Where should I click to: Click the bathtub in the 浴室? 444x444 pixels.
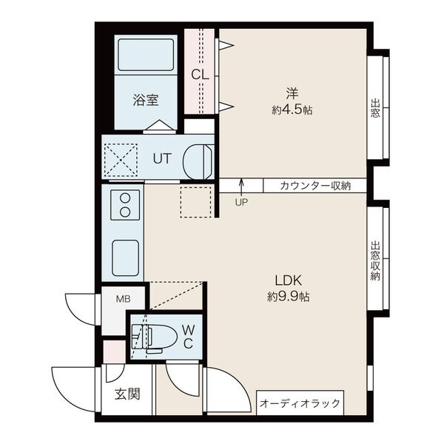tap(146, 55)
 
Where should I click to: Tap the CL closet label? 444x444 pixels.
tap(200, 75)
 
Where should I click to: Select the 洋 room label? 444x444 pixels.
tap(292, 94)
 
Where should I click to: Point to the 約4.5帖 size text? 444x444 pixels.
tap(292, 110)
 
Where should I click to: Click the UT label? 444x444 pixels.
tap(162, 158)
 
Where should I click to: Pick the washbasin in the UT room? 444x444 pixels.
tap(198, 161)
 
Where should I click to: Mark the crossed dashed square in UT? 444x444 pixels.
tap(121, 160)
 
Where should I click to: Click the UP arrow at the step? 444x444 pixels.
tap(241, 187)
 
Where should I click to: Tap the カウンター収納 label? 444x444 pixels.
tap(315, 186)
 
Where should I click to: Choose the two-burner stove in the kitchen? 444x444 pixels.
tap(125, 205)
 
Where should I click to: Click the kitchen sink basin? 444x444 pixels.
tap(126, 258)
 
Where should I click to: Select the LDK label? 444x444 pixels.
tap(289, 280)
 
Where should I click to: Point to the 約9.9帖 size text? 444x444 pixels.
tap(289, 297)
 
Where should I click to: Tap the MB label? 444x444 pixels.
tap(123, 299)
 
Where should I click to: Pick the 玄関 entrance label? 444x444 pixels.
tap(127, 394)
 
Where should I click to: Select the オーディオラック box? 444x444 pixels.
tap(300, 403)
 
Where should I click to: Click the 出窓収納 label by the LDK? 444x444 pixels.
tap(375, 260)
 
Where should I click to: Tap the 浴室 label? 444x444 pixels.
tap(146, 100)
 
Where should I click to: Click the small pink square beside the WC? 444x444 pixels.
tap(114, 351)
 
